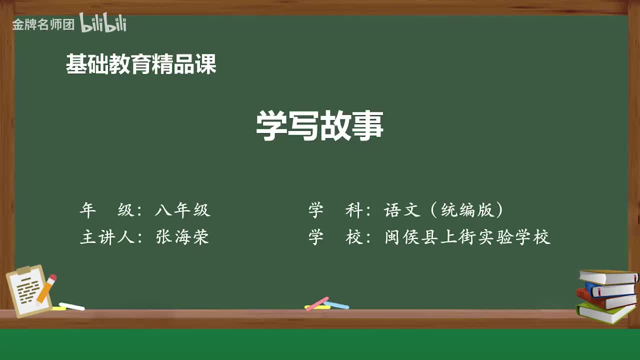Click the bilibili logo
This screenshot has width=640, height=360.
(102, 23)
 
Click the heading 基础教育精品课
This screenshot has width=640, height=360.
(141, 64)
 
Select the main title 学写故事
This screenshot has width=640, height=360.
(319, 125)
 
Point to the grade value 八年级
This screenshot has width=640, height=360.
(182, 210)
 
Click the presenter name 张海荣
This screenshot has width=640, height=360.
(182, 237)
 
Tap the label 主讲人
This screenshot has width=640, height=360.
(108, 237)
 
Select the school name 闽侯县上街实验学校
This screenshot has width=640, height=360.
(467, 237)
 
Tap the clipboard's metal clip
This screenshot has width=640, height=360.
(24, 270)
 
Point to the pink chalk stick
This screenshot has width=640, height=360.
(317, 303)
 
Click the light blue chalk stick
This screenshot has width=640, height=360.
(336, 304)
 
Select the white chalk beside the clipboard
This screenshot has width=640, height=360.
(71, 306)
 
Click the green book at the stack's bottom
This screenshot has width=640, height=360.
(605, 312)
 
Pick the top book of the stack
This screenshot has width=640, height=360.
(608, 276)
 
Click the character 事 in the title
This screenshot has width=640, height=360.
(367, 125)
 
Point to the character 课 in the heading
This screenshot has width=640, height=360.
(205, 64)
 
